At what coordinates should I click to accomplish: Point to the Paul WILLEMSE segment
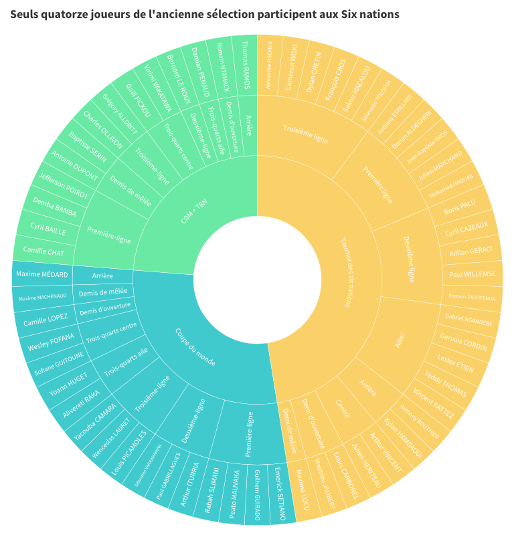coord(472,274)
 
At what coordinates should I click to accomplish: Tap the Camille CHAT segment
coord(44,251)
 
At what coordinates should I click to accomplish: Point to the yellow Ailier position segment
coord(400,338)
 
